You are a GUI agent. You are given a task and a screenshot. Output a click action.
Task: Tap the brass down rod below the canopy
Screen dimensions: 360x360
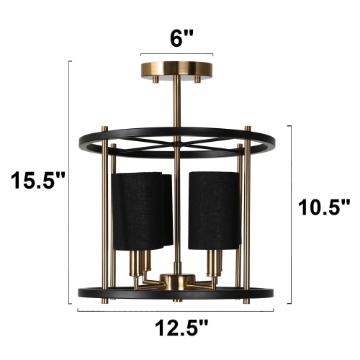point(177,108)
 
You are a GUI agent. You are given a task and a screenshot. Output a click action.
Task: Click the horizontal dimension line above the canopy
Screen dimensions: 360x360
point(177,54)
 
